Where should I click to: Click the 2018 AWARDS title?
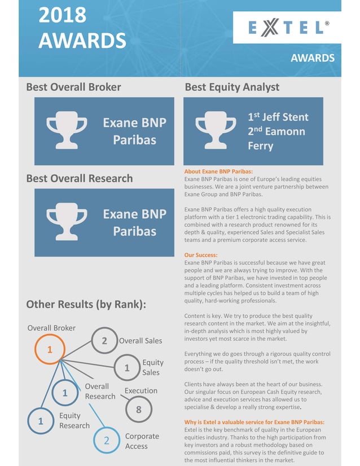coord(82,28)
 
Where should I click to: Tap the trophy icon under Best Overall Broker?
coord(67,131)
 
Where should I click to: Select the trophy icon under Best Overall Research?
coord(67,222)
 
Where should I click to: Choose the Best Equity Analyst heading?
coord(232,87)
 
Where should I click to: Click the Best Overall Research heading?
coord(80,178)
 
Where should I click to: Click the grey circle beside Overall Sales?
coord(104,341)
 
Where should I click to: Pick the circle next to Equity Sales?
coord(127,368)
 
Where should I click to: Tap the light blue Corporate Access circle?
coord(106,441)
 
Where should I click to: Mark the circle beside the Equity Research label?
coord(41,421)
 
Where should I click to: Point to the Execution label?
coord(141,390)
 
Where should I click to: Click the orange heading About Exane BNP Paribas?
coord(218,172)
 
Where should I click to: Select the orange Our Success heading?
coord(201,255)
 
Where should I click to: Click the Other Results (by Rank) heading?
coord(86,305)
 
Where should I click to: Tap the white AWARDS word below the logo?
coord(313,58)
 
